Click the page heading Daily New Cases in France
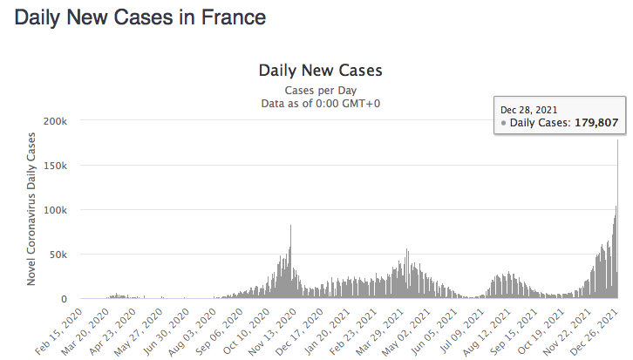[x=140, y=17]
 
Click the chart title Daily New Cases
[x=320, y=70]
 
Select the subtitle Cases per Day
[x=320, y=90]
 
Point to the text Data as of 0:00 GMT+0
[x=320, y=103]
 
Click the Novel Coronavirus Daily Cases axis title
[x=31, y=209]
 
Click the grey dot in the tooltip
[x=504, y=124]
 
